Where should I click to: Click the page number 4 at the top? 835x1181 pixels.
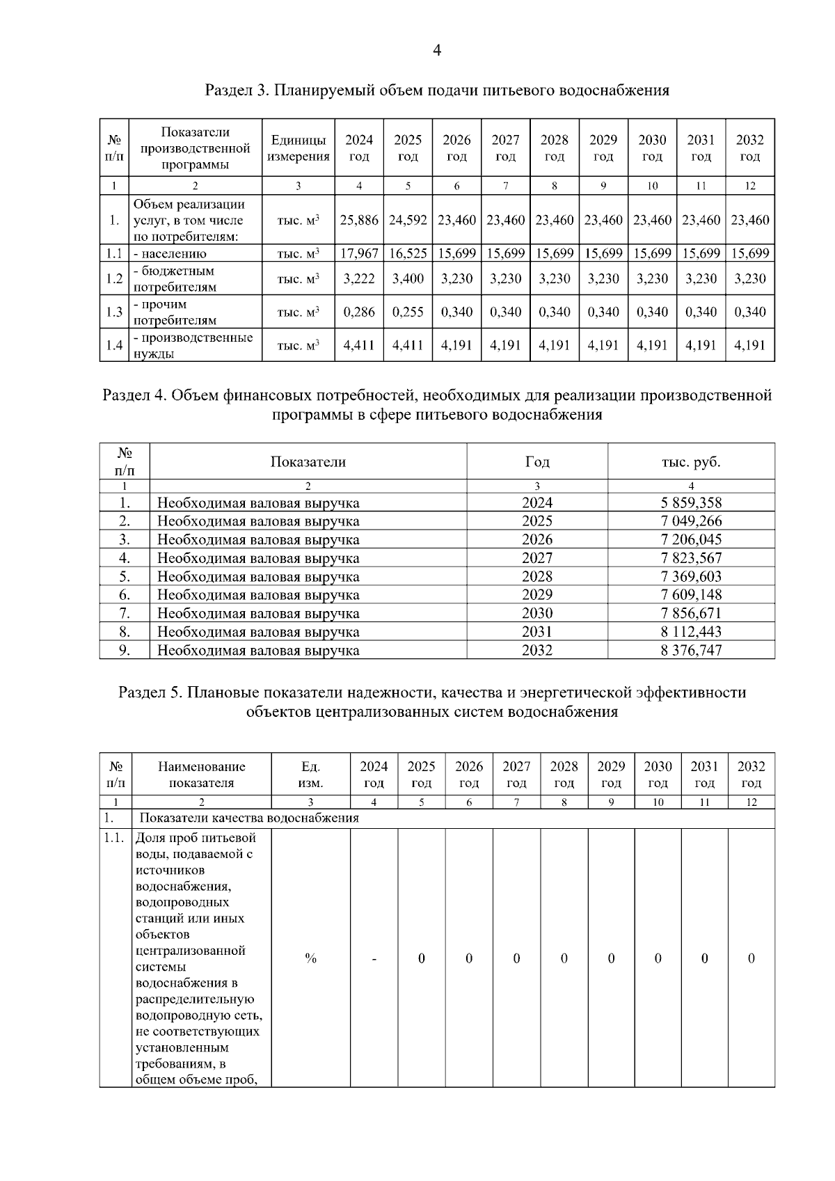click(437, 50)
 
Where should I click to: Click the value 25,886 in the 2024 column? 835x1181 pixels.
click(359, 220)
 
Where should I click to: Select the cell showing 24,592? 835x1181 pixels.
click(408, 220)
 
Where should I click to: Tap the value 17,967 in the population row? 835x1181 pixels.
click(359, 253)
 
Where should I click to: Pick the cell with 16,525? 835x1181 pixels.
click(408, 253)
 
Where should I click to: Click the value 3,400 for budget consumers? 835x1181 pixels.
click(408, 278)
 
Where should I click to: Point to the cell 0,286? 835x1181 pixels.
click(359, 312)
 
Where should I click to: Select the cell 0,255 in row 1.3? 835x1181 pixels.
click(408, 312)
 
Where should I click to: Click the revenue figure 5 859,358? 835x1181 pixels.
click(690, 502)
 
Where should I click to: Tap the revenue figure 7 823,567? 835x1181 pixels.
click(690, 558)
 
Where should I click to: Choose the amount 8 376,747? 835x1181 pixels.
click(690, 650)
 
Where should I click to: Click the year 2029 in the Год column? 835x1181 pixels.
click(537, 594)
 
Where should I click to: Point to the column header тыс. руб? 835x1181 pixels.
click(690, 461)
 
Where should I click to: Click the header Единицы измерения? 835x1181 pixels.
click(299, 148)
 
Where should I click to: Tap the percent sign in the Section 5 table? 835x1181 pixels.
click(310, 959)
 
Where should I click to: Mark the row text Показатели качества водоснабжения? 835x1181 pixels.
click(249, 818)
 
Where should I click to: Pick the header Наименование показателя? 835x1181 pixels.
click(202, 775)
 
